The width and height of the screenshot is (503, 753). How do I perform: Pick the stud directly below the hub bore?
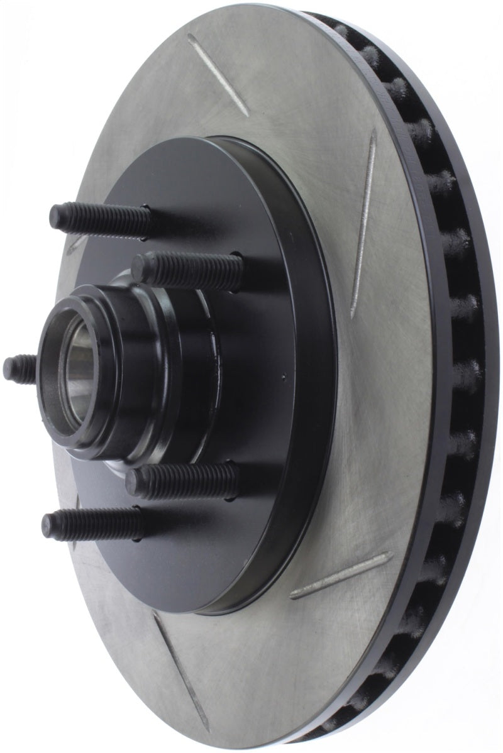(182, 481)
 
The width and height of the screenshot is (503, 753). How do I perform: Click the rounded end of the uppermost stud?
(55, 217)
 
